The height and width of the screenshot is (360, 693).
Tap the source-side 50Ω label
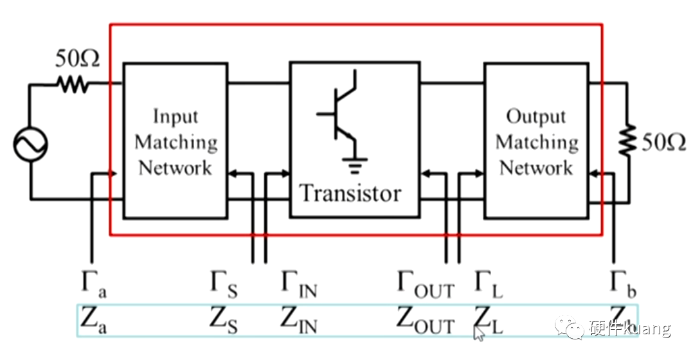pos(77,59)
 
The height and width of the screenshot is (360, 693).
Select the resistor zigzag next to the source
pos(75,84)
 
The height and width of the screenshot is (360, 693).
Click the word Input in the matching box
pos(175,116)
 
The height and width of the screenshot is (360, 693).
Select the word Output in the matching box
pos(536,116)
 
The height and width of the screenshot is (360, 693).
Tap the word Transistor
pos(350,193)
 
